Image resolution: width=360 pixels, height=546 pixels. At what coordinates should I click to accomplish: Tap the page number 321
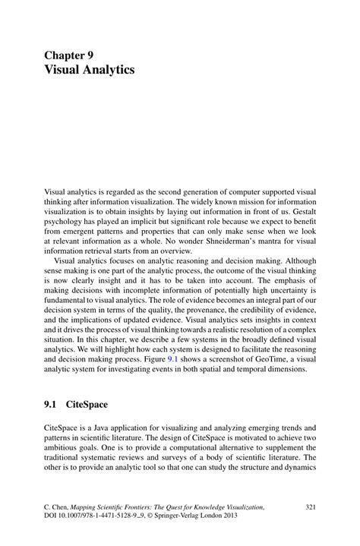click(310, 507)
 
